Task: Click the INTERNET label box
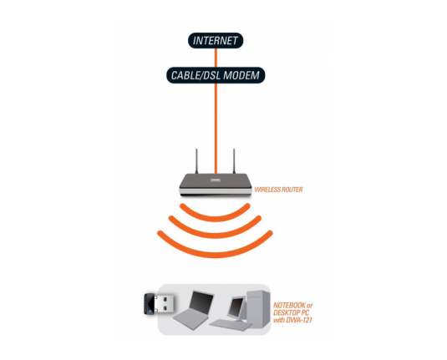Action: point(216,40)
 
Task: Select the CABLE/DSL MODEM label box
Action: point(216,75)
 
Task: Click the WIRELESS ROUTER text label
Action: point(278,190)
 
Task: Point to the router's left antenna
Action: point(196,161)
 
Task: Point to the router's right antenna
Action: point(234,161)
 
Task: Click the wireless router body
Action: point(216,185)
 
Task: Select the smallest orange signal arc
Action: point(216,218)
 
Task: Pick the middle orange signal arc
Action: point(216,235)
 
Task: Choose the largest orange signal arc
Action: point(216,254)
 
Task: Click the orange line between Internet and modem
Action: point(216,58)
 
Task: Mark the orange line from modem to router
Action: point(216,129)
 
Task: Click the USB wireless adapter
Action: point(159,304)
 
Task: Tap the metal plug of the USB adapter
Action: point(165,304)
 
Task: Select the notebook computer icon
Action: point(193,310)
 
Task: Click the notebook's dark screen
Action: point(201,302)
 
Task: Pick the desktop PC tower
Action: point(257,308)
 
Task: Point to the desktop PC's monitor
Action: point(236,307)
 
